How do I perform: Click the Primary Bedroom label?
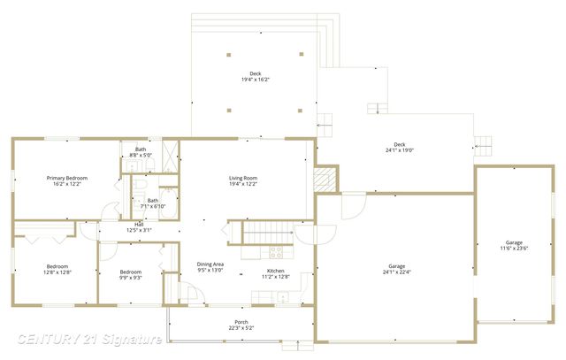point(66,178)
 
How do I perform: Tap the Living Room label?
point(243,178)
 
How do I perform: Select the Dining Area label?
point(210,264)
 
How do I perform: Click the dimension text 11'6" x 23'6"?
point(514,248)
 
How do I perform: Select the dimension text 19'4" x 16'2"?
point(255,80)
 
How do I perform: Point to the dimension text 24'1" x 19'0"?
point(399,149)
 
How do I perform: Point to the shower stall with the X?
point(170,149)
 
